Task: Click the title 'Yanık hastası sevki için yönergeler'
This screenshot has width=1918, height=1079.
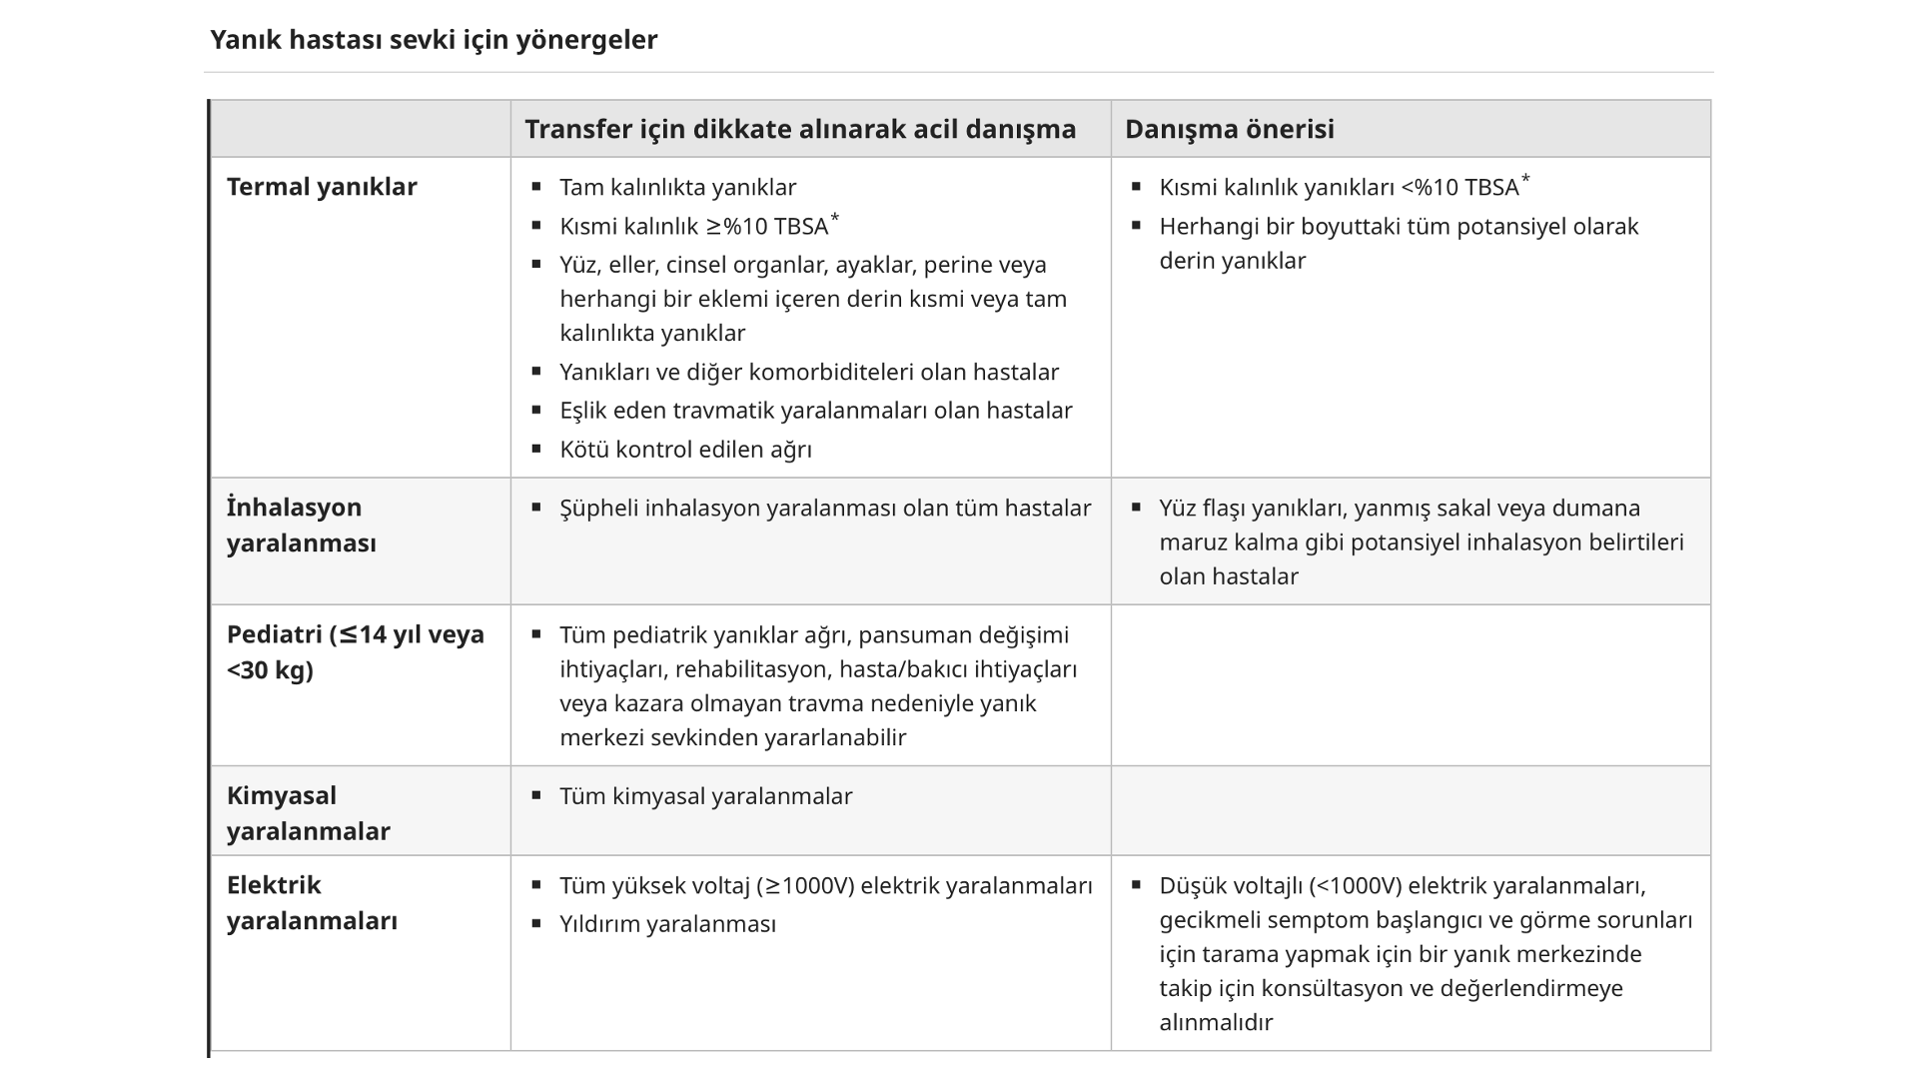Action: pos(434,40)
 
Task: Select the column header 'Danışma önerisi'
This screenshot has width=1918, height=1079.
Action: pos(1229,129)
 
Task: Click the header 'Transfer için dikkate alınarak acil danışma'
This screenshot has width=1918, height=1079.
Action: pos(800,129)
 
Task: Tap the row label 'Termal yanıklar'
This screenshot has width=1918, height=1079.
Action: pos(322,187)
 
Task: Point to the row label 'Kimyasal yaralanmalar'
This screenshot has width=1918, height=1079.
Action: pos(308,813)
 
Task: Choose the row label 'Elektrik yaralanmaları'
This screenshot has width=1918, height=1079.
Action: pos(312,902)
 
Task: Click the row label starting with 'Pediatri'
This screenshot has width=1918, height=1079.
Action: pos(355,651)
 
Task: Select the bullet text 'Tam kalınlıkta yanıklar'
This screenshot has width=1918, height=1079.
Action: pos(677,187)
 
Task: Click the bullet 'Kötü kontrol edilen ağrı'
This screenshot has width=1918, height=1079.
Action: pos(685,450)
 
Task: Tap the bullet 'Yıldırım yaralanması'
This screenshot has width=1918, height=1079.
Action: pos(667,924)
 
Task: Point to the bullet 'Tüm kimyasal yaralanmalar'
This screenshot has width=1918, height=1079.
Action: pos(705,796)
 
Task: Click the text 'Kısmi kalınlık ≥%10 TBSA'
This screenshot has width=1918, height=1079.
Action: pos(693,227)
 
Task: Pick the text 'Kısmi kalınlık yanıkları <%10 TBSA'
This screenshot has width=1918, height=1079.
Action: pos(1339,187)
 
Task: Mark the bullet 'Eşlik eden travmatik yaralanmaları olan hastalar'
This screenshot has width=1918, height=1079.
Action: pos(815,411)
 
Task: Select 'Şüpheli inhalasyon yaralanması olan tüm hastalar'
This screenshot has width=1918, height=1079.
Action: pos(825,509)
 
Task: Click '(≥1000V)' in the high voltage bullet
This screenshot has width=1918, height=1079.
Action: pos(804,886)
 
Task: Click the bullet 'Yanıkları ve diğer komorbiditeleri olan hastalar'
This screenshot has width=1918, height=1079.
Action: pos(809,372)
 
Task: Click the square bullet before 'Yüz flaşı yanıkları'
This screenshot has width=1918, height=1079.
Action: pos(1136,508)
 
